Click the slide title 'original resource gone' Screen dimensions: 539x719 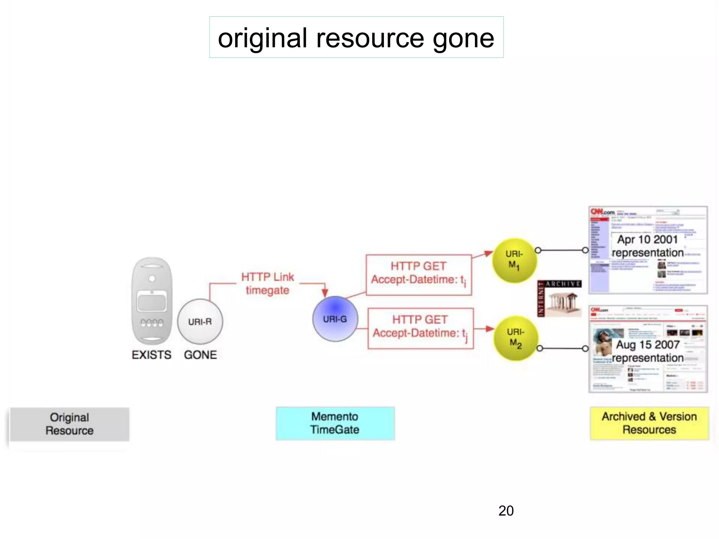click(356, 38)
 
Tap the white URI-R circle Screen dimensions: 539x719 click(200, 321)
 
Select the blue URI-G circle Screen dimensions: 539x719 click(335, 319)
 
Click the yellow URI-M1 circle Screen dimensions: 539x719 click(514, 260)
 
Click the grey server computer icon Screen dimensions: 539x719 click(152, 301)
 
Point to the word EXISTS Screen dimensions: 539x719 click(151, 355)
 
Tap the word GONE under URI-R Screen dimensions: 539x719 click(200, 355)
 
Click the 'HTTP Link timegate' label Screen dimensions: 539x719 click(268, 284)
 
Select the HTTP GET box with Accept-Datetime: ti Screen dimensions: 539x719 click(418, 275)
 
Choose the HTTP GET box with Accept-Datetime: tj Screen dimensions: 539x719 click(420, 328)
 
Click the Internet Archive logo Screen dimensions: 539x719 click(559, 298)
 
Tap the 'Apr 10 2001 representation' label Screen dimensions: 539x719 click(647, 246)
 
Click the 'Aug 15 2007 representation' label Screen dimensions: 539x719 click(647, 351)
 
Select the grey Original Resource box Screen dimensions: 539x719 click(70, 424)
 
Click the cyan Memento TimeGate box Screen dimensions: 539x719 click(335, 423)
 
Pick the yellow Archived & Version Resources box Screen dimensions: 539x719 click(649, 423)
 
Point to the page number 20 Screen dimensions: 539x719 click(506, 511)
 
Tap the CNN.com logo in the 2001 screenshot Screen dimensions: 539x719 click(602, 212)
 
